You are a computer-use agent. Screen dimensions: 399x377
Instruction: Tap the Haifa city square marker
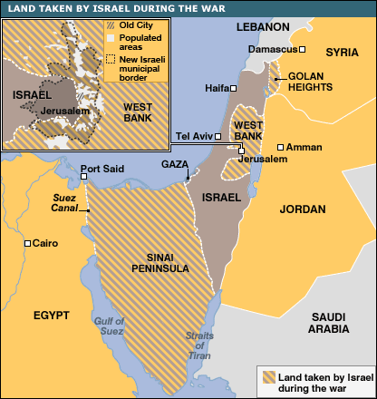234,88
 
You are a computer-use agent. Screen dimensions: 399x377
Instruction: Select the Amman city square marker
281,146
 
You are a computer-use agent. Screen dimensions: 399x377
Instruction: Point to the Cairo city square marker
29,243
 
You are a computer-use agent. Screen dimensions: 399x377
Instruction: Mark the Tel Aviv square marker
219,136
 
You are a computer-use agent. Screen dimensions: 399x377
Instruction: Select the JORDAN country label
303,209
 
